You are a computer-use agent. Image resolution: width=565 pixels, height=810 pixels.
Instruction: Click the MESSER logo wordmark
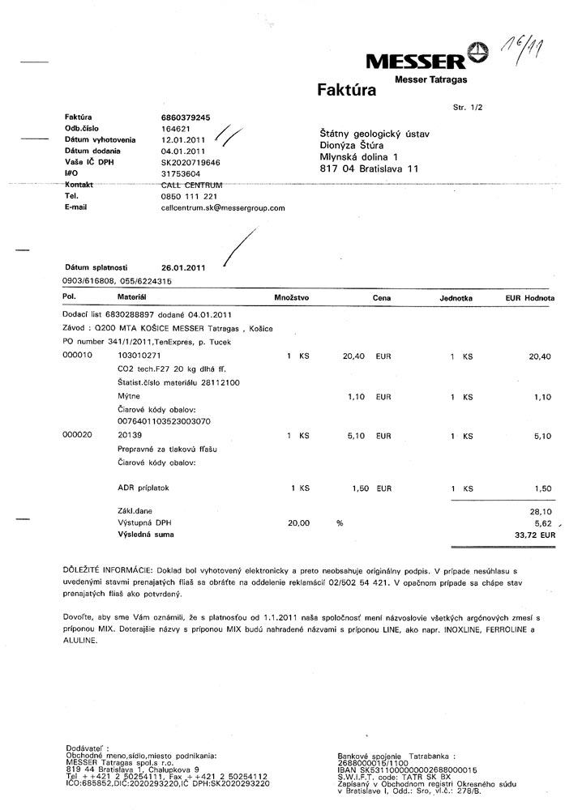click(415, 62)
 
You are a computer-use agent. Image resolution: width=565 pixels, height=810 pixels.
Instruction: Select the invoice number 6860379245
click(186, 117)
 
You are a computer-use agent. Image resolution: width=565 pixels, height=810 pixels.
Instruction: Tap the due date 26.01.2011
click(185, 267)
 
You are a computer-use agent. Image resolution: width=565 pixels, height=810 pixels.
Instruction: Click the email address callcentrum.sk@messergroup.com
click(223, 208)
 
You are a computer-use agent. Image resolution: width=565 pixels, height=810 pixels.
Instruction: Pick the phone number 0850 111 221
click(189, 196)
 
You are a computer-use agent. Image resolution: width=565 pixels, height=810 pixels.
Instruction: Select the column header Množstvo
click(292, 299)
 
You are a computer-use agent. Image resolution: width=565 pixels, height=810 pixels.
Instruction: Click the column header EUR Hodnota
click(529, 299)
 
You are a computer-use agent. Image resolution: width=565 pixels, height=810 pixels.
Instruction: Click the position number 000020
click(78, 435)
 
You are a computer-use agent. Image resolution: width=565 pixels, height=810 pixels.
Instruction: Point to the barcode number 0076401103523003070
click(165, 422)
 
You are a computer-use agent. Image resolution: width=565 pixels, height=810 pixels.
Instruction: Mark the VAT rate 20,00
click(298, 523)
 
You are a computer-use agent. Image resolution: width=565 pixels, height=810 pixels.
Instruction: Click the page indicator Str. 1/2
click(468, 107)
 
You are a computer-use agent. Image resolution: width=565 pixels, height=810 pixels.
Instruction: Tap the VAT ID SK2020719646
click(190, 162)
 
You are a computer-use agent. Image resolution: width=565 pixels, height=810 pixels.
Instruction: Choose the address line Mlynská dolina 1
click(359, 156)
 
